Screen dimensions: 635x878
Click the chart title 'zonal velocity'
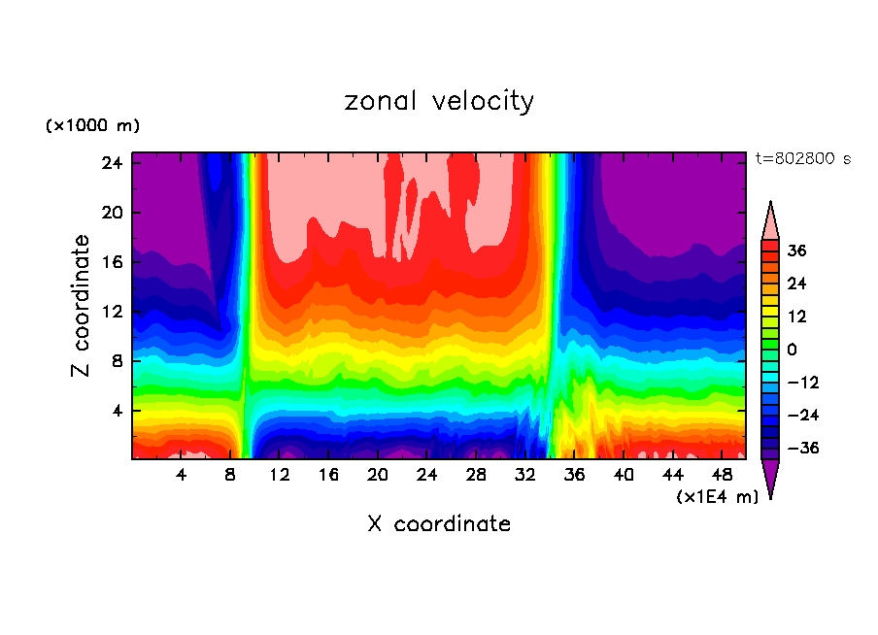[439, 101]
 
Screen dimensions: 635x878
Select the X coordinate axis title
[439, 524]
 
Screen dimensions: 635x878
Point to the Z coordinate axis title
[82, 306]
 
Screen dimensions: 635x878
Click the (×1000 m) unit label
[92, 126]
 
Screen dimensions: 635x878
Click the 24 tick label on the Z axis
[112, 163]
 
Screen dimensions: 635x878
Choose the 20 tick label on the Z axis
[112, 213]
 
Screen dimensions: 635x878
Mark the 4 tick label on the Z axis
[117, 411]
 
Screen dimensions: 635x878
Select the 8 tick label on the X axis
[230, 476]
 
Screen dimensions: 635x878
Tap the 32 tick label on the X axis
[525, 476]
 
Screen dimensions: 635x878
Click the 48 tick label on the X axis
[723, 476]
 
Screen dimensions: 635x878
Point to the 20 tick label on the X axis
[378, 476]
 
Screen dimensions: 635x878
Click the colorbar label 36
[797, 251]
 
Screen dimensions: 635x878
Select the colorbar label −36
[802, 449]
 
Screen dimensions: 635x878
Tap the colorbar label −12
[802, 383]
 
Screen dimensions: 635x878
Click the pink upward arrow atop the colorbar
[770, 220]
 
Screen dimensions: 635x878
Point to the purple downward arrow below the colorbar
[770, 478]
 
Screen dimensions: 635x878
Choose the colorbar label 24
[797, 284]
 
